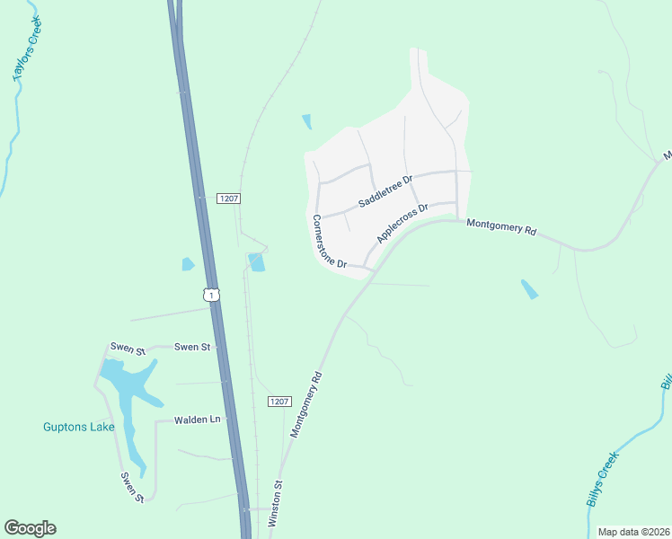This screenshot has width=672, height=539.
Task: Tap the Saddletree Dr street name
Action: tap(385, 191)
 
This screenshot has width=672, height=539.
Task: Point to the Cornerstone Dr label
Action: tap(329, 242)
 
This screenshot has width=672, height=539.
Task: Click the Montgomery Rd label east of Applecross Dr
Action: tap(501, 228)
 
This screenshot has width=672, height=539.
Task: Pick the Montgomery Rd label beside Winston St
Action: tap(305, 406)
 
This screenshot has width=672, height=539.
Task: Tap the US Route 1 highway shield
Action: tap(210, 295)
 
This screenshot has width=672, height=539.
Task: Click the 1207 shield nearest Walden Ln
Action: tap(279, 402)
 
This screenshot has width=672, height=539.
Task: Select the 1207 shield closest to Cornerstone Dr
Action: tap(228, 199)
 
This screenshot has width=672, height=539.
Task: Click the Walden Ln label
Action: tap(197, 420)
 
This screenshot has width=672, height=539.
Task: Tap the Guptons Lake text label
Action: tap(79, 427)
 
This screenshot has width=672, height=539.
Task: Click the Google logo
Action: tap(30, 527)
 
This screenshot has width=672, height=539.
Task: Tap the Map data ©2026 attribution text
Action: tap(633, 531)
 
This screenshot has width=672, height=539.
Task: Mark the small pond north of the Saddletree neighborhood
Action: tap(307, 121)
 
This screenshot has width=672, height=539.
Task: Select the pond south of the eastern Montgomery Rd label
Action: tap(530, 289)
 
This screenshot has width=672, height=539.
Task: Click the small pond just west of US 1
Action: tap(188, 264)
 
